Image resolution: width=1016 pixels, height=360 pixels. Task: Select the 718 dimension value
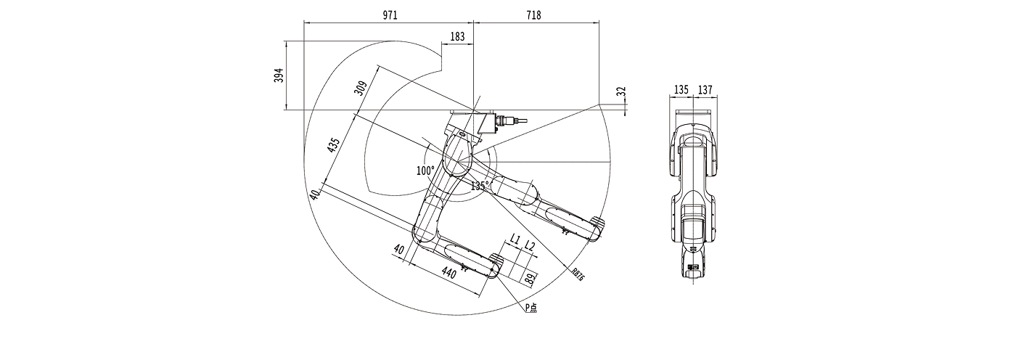[x=534, y=15]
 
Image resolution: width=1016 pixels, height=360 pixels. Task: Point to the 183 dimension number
[x=458, y=36]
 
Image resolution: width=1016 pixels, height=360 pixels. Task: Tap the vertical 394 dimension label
[x=278, y=75]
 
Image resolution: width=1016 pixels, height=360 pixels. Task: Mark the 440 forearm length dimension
[x=448, y=274]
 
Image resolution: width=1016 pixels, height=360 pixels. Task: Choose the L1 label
[x=515, y=238]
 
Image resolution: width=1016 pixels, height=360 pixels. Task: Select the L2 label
[x=530, y=247]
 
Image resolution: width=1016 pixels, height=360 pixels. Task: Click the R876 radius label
[x=578, y=274]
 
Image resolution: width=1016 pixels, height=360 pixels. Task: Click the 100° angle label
[x=425, y=171]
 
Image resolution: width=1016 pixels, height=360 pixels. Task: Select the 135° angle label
[x=479, y=186]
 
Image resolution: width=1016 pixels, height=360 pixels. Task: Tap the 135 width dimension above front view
[x=681, y=90]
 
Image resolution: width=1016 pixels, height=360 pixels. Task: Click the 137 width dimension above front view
[x=705, y=90]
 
